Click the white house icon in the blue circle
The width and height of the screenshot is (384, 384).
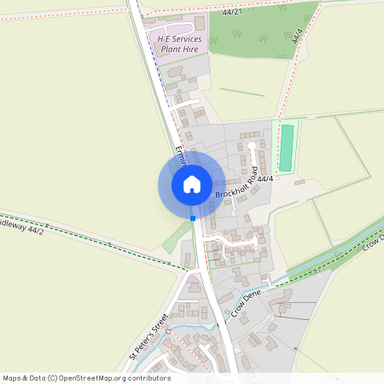[x=192, y=184]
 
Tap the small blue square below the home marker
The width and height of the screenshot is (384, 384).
[x=194, y=218]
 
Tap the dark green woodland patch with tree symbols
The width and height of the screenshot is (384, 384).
[x=256, y=30]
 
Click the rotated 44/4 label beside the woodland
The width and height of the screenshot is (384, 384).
[x=297, y=36]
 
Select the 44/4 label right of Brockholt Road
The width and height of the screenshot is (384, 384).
[x=265, y=178]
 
